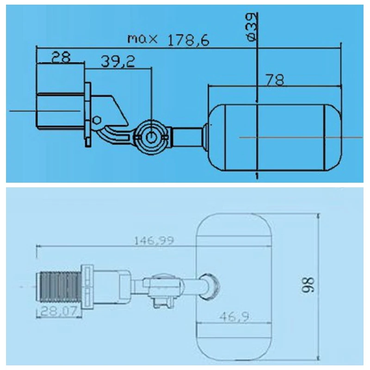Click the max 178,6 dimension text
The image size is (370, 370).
click(168, 40)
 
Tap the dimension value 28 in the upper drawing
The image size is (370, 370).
click(61, 57)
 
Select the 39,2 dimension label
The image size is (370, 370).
click(118, 62)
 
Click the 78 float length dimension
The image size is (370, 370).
click(275, 80)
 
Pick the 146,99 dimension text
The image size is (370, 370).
click(154, 240)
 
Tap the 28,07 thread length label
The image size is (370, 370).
click(59, 311)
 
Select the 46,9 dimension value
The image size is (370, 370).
click(234, 317)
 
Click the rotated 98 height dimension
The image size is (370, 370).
click(308, 285)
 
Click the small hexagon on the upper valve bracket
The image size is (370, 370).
click(97, 120)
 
